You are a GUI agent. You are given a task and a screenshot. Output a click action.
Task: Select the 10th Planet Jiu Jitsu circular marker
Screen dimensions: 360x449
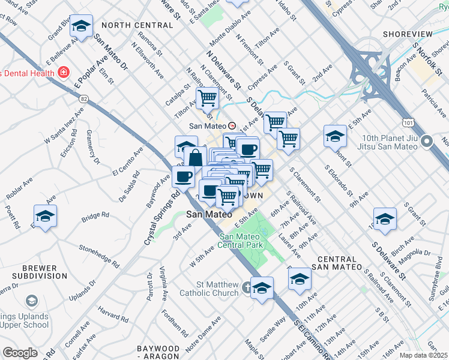pos(427,142)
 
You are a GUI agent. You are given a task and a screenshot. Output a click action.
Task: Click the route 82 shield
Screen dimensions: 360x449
pos(83,98)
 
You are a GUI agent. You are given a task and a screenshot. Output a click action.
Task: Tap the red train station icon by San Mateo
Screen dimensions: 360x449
pos(231,126)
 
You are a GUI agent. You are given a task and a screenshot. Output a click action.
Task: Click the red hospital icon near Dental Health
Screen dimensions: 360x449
pos(63,73)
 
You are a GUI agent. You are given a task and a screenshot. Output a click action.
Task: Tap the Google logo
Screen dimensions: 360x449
pos(20,353)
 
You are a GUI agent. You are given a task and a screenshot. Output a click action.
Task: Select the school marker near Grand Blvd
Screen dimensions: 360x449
pos(81,26)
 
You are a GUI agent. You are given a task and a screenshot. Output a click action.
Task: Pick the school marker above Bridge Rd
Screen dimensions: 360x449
pos(45,217)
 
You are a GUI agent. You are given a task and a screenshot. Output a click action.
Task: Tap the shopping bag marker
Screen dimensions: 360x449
pos(196,158)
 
